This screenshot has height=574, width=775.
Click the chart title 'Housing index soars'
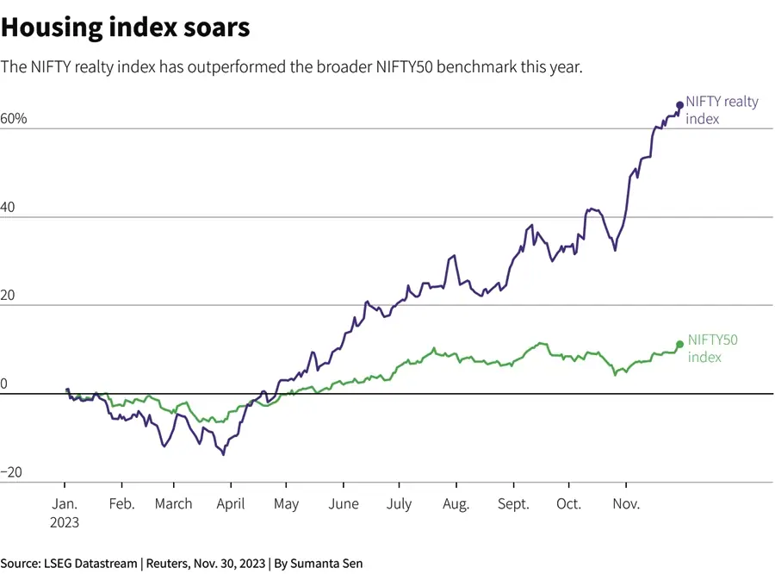(x=126, y=28)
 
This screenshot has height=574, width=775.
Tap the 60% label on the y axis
(x=15, y=119)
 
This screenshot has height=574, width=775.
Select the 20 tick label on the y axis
(x=9, y=296)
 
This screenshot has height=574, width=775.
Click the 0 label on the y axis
(x=4, y=384)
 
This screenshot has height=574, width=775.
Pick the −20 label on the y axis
(x=11, y=473)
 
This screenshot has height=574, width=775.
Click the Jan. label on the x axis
(x=65, y=504)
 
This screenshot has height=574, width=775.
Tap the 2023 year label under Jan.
(x=65, y=522)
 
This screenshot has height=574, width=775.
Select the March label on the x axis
(x=173, y=504)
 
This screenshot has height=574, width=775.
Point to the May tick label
(x=286, y=504)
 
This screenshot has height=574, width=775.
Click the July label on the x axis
(x=400, y=504)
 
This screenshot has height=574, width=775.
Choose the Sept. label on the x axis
(x=513, y=504)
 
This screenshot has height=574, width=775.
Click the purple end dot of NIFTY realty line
(x=679, y=105)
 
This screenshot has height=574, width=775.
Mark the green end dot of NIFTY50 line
(x=679, y=344)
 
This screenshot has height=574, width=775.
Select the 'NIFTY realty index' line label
(x=722, y=110)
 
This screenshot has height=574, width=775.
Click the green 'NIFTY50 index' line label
(x=713, y=348)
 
